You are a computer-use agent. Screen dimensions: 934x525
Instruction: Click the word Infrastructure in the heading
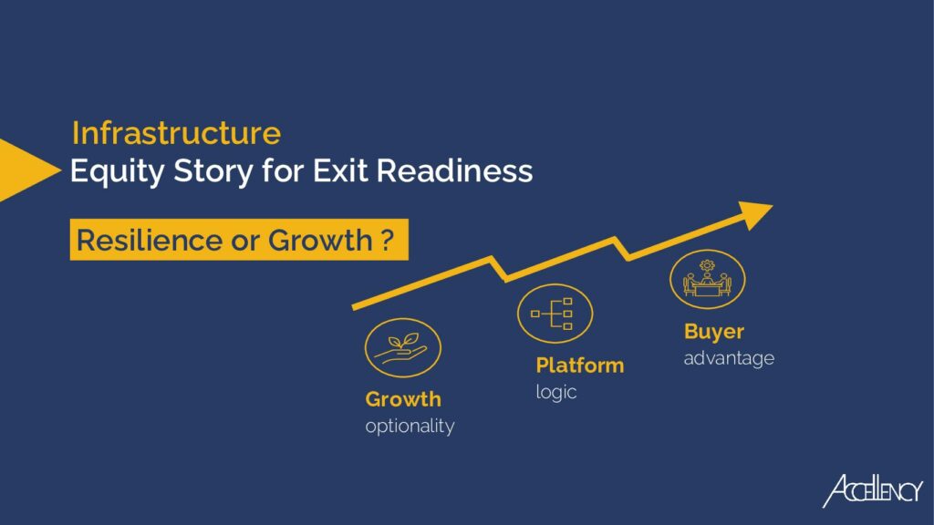176,133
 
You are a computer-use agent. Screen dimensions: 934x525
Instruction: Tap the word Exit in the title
341,170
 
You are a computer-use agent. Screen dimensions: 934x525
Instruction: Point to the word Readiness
454,170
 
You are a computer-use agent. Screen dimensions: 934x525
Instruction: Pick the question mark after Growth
387,240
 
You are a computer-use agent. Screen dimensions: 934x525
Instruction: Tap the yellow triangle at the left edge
30,170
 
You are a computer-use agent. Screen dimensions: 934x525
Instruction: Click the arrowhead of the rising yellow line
754,215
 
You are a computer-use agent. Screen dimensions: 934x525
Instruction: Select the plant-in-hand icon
402,348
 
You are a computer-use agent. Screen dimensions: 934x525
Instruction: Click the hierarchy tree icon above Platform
555,314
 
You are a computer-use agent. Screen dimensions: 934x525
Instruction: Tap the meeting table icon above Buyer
707,279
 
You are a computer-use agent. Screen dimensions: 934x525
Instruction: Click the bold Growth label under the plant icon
403,399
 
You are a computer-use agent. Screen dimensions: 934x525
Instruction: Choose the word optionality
410,427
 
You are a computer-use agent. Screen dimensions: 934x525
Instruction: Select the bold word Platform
579,365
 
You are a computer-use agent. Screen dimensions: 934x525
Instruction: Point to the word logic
556,392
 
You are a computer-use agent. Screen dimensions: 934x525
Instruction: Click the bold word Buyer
714,332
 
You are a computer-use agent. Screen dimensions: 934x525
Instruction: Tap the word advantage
729,358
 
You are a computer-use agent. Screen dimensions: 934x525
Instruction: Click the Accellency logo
873,491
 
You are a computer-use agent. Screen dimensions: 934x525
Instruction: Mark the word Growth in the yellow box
320,241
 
